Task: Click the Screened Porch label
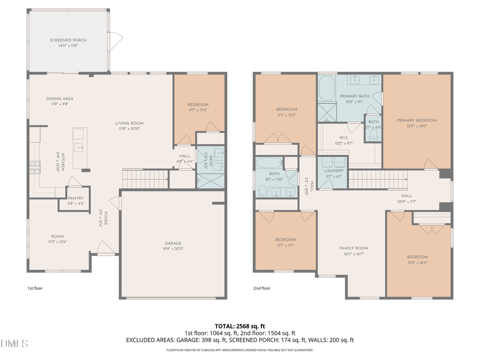(68, 40)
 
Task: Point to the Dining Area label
(60, 99)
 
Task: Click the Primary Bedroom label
(417, 121)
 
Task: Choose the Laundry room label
(333, 170)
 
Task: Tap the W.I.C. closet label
(344, 138)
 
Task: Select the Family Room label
(354, 248)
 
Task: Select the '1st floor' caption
(35, 289)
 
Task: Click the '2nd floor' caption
(262, 289)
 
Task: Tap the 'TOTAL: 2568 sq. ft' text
(239, 325)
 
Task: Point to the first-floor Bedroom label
(198, 105)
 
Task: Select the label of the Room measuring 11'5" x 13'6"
(58, 236)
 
